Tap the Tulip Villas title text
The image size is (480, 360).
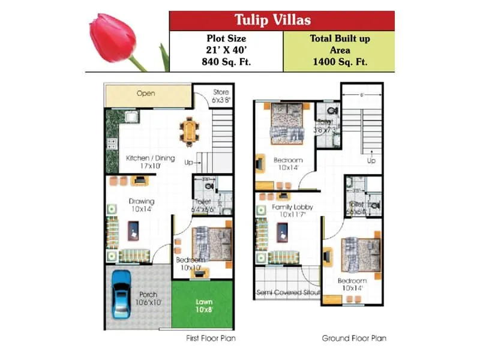pyautogui.click(x=282, y=20)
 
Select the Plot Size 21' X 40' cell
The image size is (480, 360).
pyautogui.click(x=226, y=50)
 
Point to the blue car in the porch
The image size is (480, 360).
pyautogui.click(x=122, y=294)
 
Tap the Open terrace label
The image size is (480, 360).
pyautogui.click(x=145, y=94)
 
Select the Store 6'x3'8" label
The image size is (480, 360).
pyautogui.click(x=221, y=96)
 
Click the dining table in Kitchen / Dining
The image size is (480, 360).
pyautogui.click(x=190, y=131)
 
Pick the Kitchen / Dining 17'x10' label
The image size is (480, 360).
pyautogui.click(x=150, y=162)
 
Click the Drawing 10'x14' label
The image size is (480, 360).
pyautogui.click(x=142, y=205)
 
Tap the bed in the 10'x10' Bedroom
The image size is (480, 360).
pyautogui.click(x=211, y=243)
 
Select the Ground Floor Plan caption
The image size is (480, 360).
pyautogui.click(x=354, y=338)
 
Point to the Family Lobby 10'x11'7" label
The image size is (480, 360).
pyautogui.click(x=292, y=211)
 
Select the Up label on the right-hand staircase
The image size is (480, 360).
pyautogui.click(x=371, y=161)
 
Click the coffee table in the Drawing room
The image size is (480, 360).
pyautogui.click(x=133, y=229)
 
